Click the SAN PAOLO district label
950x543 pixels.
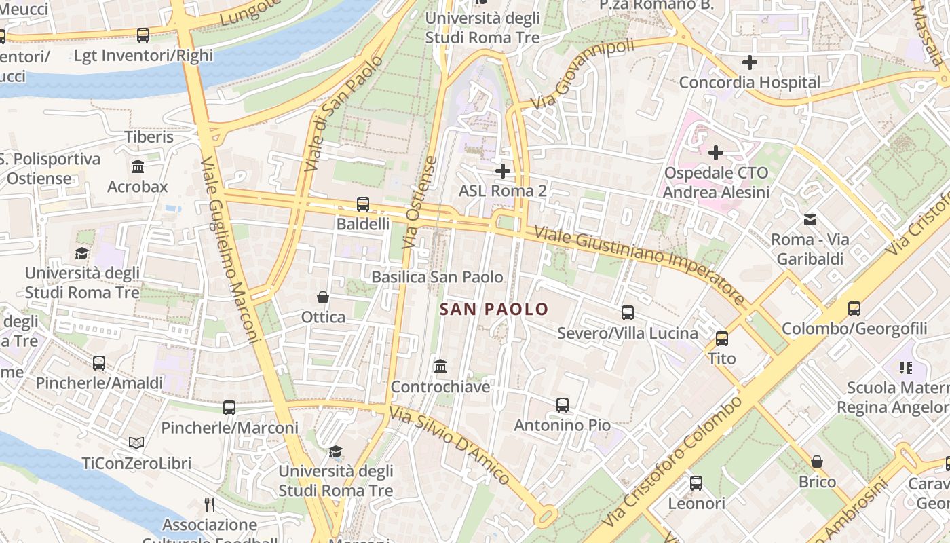(x=493, y=310)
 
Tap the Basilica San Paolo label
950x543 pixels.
(x=437, y=277)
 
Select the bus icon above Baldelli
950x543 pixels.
(x=363, y=204)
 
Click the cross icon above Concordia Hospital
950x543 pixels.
(x=749, y=63)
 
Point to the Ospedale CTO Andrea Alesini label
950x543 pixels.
(x=716, y=183)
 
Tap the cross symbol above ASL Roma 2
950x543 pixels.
(x=502, y=171)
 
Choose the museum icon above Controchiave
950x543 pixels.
(x=440, y=367)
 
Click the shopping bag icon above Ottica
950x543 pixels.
(x=323, y=297)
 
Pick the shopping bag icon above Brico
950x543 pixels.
(x=817, y=462)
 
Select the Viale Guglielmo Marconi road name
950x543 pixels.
(x=231, y=250)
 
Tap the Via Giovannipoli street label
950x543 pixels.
(x=582, y=75)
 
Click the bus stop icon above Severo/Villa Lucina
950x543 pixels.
(x=628, y=313)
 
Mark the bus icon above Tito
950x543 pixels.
(x=722, y=339)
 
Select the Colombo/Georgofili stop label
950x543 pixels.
(x=854, y=329)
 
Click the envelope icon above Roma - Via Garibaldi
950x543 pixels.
(x=810, y=220)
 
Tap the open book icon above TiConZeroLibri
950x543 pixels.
(x=136, y=443)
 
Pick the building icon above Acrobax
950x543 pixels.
(x=138, y=167)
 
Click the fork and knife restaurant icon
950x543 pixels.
(x=210, y=505)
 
